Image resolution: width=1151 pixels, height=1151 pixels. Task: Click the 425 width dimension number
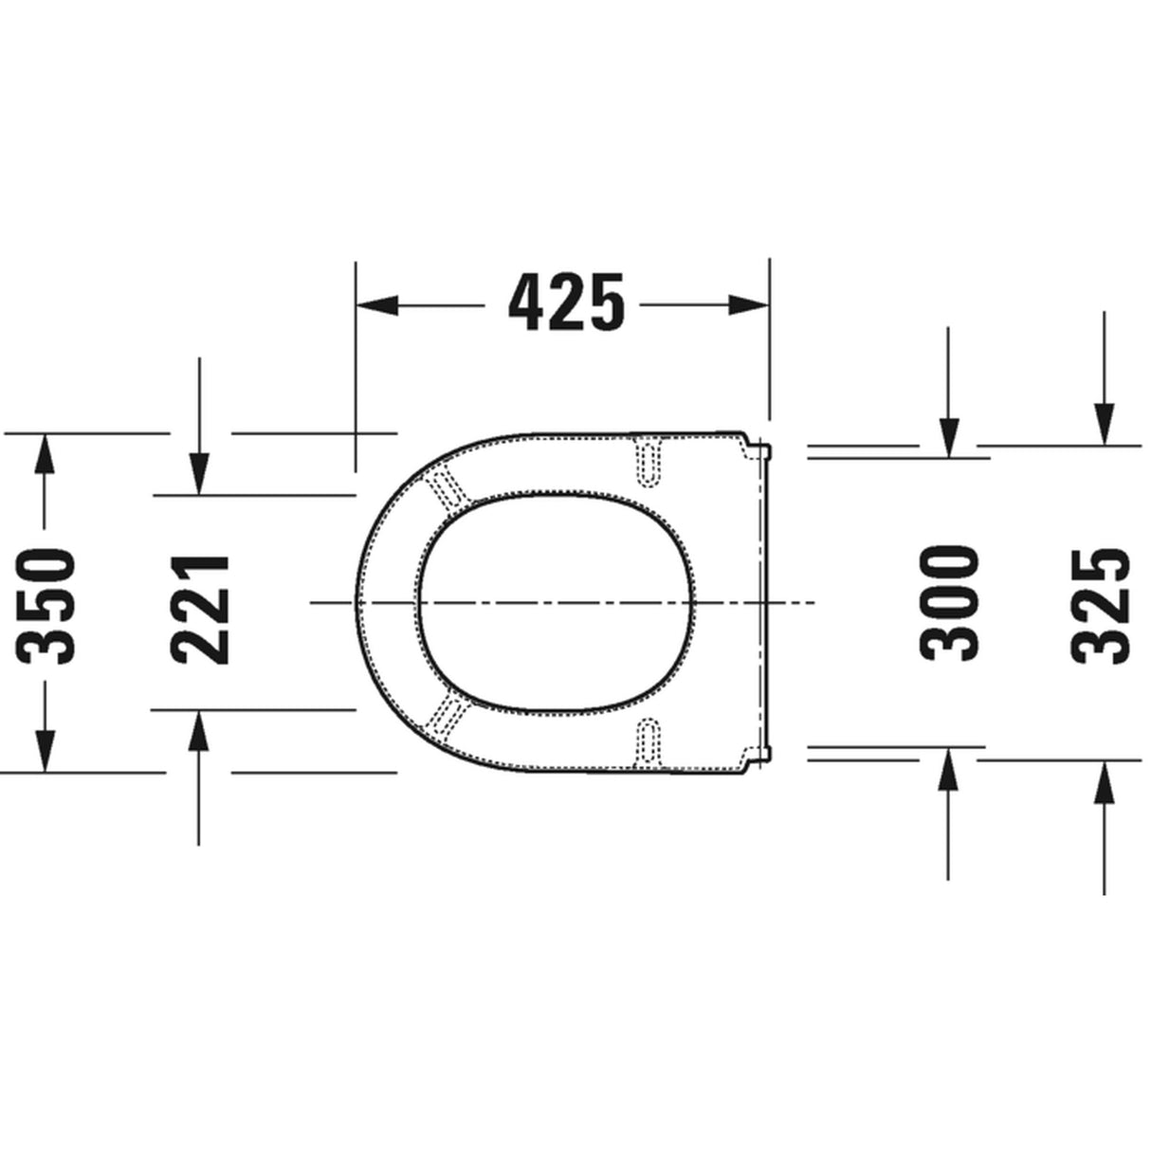(566, 302)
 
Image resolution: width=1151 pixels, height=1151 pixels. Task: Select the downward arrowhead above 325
(1104, 424)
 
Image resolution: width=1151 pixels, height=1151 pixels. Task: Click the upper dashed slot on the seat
(649, 462)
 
